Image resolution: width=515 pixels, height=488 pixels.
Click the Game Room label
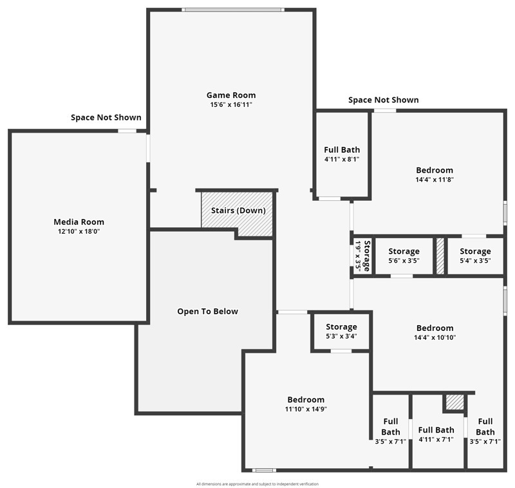tap(230, 95)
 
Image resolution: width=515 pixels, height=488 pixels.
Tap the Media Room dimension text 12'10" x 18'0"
tap(79, 232)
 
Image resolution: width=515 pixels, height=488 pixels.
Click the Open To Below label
tap(207, 312)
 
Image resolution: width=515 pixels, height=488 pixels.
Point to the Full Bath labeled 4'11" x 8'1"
tap(341, 154)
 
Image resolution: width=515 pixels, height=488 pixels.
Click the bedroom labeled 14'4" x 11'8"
tap(435, 174)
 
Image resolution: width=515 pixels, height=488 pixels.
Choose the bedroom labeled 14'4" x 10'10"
tap(435, 332)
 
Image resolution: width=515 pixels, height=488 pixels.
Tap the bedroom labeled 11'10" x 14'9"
tap(306, 404)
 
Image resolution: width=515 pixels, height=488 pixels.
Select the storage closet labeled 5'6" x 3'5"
tap(404, 256)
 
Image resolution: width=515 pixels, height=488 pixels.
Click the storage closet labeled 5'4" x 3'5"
tap(475, 256)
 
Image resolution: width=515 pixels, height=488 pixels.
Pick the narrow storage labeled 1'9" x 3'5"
tap(362, 256)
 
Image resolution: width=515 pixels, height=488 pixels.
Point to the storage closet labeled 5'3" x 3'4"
tap(341, 331)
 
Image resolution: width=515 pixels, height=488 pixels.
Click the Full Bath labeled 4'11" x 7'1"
tap(436, 435)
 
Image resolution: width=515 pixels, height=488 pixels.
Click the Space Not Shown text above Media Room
tap(106, 117)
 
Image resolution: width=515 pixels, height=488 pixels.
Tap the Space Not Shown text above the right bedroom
tap(383, 100)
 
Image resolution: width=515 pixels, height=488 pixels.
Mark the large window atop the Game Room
tap(232, 10)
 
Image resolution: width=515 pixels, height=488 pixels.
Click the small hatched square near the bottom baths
tap(454, 402)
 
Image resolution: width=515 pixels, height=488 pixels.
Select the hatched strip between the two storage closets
tap(440, 256)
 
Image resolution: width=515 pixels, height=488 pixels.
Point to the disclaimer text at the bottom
tap(257, 484)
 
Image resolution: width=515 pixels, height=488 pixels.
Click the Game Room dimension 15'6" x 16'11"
tap(230, 104)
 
